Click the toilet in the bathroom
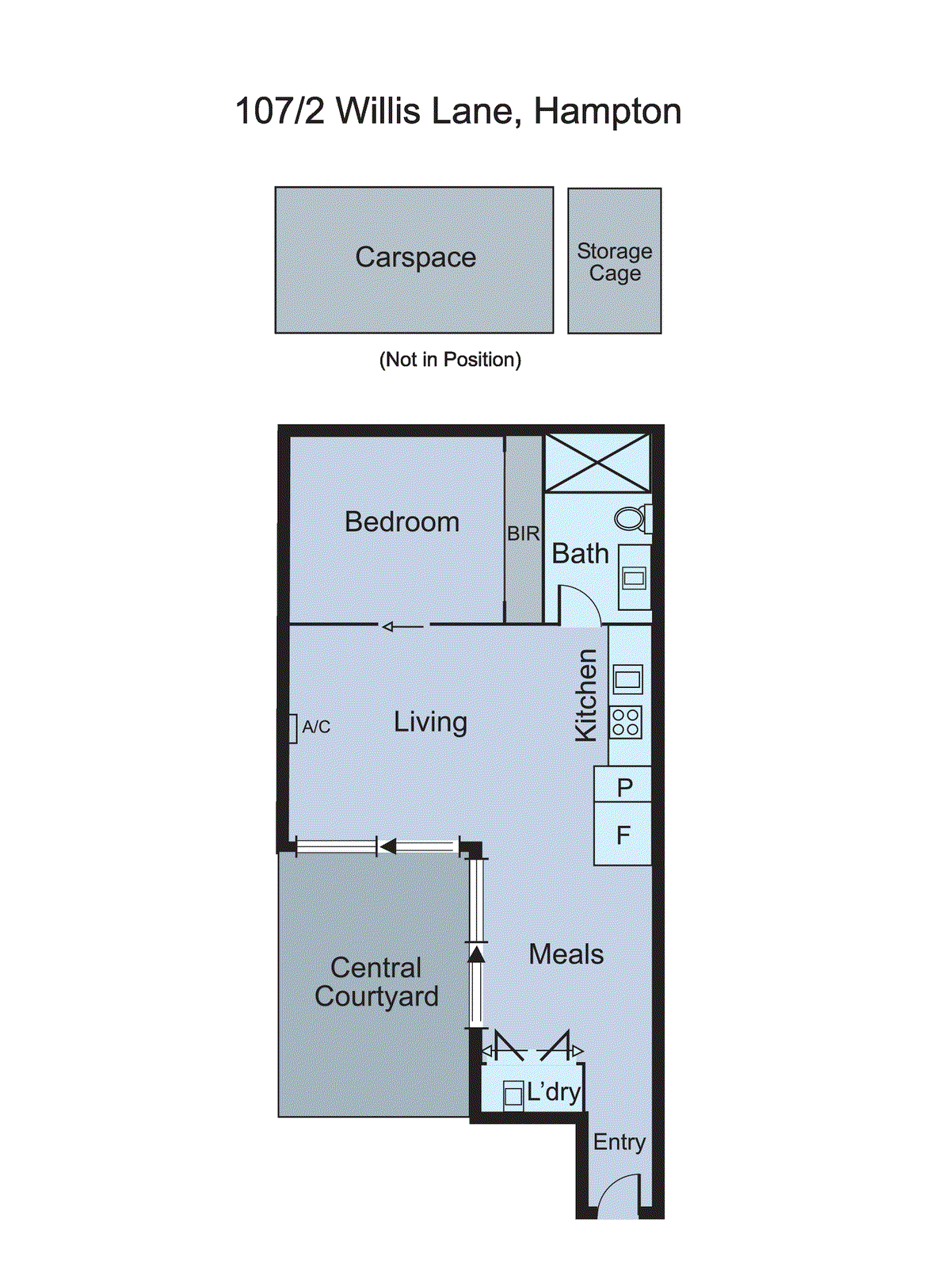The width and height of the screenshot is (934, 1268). (631, 519)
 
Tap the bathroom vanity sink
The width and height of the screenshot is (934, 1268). (634, 578)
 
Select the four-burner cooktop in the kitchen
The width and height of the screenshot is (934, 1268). (626, 723)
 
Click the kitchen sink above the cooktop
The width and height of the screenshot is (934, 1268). (627, 679)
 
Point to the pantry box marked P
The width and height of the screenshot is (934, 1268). (623, 786)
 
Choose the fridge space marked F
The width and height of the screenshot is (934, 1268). (623, 834)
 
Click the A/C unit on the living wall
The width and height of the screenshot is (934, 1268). (292, 728)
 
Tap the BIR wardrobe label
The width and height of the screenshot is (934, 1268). (523, 534)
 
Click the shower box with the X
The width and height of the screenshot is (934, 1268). (597, 462)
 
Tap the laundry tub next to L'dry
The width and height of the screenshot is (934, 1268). (513, 1095)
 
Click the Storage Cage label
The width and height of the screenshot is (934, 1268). (614, 262)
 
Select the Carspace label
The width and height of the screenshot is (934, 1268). (415, 257)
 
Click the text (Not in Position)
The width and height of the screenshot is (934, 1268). (450, 360)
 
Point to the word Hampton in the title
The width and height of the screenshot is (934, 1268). (607, 111)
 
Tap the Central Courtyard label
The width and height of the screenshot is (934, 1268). (376, 982)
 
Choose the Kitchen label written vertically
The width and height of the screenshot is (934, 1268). (586, 694)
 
